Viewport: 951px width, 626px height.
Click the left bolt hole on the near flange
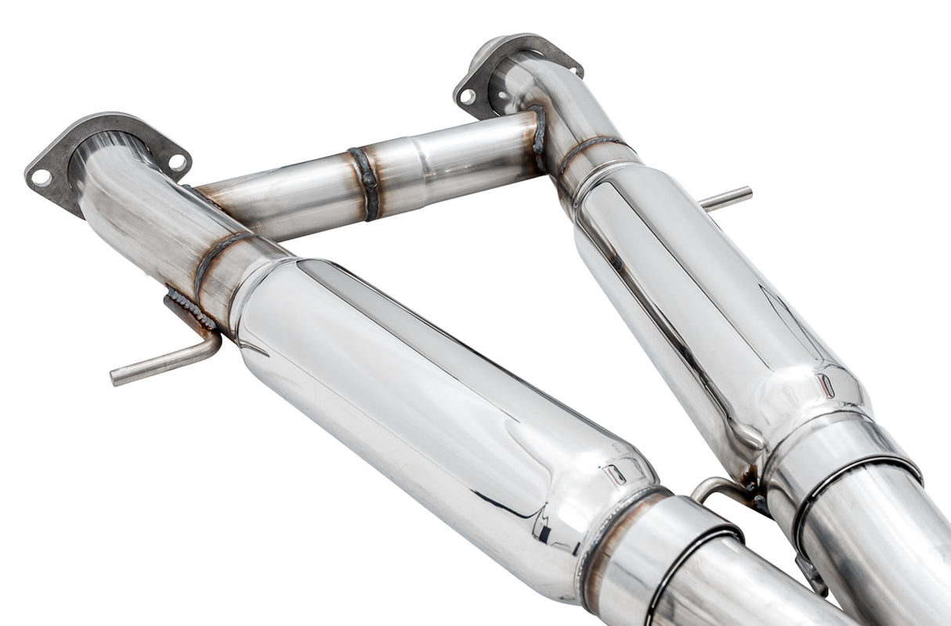pos(42,177)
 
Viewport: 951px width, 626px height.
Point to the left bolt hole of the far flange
pos(468,96)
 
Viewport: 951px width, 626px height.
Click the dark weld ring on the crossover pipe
pos(364,183)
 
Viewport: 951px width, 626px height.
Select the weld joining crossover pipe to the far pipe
pos(539,139)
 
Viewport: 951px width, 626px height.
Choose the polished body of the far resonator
pos(705,298)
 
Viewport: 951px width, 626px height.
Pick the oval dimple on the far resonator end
pos(825,384)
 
